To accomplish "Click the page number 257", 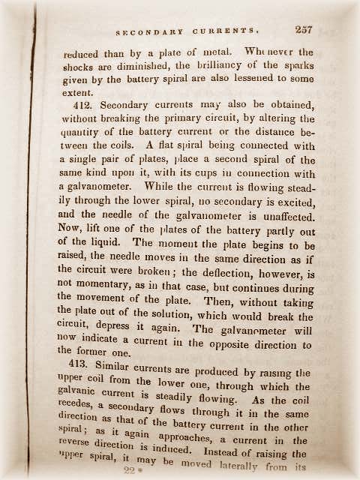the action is (303, 30).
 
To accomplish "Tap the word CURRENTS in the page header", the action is (230, 31).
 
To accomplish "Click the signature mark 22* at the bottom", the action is (134, 471).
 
